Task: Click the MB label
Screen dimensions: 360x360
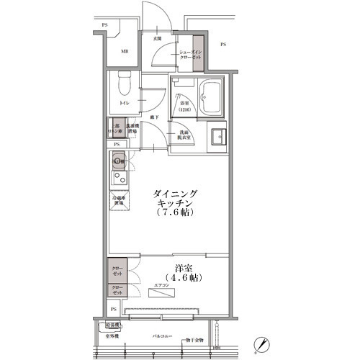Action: click(x=124, y=52)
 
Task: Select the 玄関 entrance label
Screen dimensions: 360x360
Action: click(x=157, y=38)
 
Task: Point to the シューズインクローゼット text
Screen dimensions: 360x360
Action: click(x=184, y=55)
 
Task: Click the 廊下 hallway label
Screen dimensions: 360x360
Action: click(x=153, y=117)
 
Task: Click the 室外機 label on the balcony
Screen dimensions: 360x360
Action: click(x=113, y=336)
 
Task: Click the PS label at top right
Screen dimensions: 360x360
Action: click(x=222, y=45)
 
